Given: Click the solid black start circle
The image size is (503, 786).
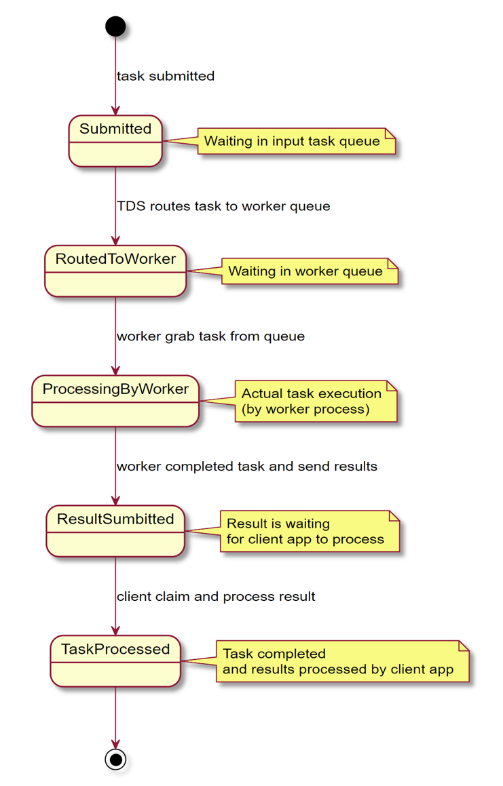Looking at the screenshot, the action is (x=115, y=26).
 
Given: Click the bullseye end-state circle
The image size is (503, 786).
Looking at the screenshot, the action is (x=115, y=760).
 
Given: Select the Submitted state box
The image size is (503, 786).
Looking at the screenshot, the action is (x=115, y=141).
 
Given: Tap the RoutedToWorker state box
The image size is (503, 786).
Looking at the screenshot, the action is (x=115, y=271).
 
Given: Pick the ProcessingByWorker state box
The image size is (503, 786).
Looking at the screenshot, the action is (x=115, y=401).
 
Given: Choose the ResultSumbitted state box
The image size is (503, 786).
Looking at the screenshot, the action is (x=115, y=531).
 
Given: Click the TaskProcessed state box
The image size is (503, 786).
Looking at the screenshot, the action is (x=115, y=661).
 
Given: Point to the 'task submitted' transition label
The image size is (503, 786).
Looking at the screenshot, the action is (x=166, y=76).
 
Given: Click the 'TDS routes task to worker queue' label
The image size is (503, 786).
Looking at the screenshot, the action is (x=223, y=206).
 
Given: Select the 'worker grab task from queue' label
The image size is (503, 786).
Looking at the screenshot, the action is (x=211, y=336).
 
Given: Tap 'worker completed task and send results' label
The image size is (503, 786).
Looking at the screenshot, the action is (x=247, y=466).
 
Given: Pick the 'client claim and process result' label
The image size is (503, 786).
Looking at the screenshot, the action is (x=216, y=597).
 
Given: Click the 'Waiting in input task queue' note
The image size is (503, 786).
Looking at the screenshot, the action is (x=297, y=141).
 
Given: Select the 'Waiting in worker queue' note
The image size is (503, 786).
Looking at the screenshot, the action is (x=310, y=271).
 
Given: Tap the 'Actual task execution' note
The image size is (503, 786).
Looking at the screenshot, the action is (x=316, y=401).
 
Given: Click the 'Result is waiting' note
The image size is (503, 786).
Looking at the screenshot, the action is (x=310, y=532).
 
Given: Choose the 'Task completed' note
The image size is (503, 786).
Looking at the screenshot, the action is (x=342, y=661).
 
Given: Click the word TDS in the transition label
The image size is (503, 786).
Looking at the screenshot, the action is (x=131, y=206).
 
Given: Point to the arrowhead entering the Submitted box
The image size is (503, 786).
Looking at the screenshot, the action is (x=115, y=111).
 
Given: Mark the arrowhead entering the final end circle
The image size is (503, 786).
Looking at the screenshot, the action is (x=115, y=743).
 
